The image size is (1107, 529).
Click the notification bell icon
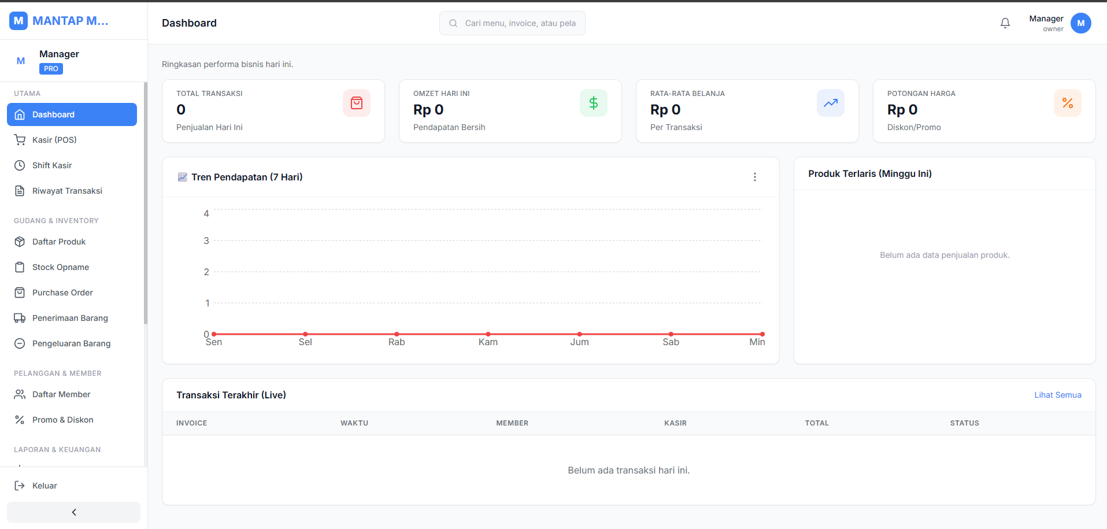1005,23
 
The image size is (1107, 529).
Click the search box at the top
512,23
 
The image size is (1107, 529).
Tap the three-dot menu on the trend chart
755,177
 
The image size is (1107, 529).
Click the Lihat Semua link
1058,395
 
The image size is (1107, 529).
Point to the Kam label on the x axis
488,342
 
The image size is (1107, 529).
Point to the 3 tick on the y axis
206,241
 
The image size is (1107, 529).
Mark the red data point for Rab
397,334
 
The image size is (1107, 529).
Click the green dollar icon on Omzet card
594,103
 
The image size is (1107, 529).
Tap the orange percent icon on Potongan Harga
1068,103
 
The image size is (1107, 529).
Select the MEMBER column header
512,423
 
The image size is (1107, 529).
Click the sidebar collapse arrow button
73,512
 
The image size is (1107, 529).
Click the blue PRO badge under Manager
51,69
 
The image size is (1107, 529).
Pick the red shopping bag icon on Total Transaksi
357,103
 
